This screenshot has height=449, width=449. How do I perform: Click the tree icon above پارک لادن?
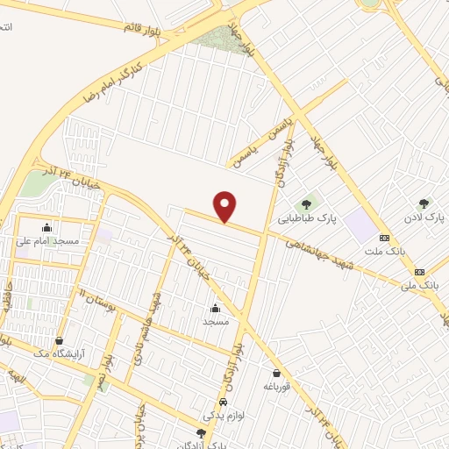click(425, 203)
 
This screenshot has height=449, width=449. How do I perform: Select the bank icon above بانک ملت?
click(383, 238)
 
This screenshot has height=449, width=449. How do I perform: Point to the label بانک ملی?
click(418, 285)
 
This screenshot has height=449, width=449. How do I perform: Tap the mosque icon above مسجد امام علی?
click(46, 227)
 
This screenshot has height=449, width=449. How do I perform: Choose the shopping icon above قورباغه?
click(276, 373)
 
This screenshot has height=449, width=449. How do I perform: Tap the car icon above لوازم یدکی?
click(223, 402)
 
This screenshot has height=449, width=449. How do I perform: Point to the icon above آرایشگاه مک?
click(59, 340)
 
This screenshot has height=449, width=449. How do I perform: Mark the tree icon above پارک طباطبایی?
click(305, 204)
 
